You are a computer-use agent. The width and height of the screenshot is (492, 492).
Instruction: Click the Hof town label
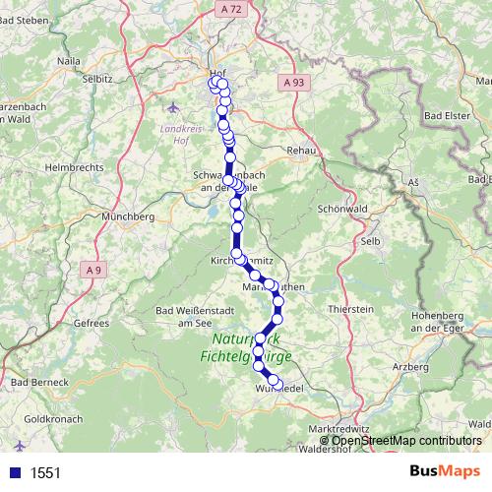pyautogui.click(x=217, y=72)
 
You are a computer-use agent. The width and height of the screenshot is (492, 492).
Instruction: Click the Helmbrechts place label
pyautogui.click(x=74, y=168)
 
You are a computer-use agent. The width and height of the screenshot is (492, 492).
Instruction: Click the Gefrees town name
pyautogui.click(x=91, y=322)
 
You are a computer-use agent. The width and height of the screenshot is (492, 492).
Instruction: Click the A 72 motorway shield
pyautogui.click(x=226, y=8)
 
